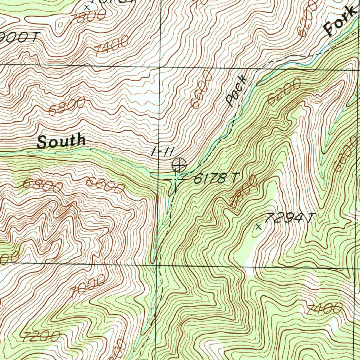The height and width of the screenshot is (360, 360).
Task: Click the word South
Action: click(x=61, y=141)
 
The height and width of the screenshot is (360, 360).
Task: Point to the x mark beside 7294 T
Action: click(x=259, y=227)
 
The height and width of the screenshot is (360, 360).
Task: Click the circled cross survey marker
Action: click(x=179, y=164)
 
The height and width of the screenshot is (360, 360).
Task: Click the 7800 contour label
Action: click(x=87, y=19)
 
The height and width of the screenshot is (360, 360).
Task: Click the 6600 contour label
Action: click(x=105, y=185)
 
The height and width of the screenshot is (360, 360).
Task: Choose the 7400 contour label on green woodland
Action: click(x=324, y=309)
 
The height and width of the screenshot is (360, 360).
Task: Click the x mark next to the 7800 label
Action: click(x=87, y=7)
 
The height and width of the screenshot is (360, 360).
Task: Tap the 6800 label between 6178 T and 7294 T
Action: click(x=243, y=192)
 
